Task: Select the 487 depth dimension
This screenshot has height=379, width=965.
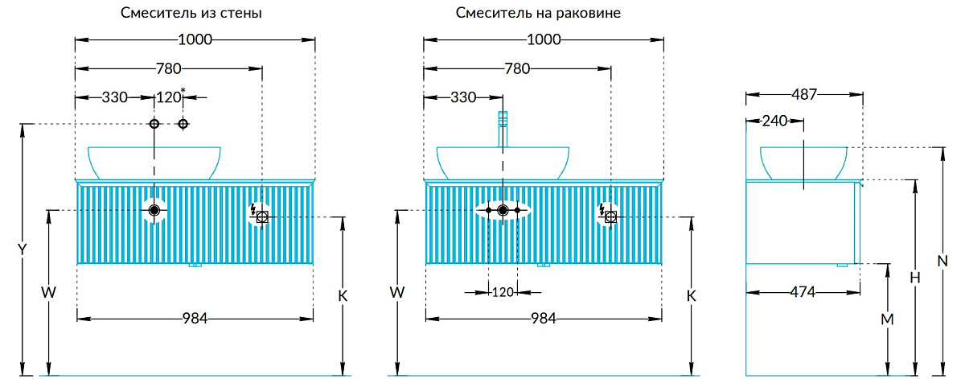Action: pos(804,95)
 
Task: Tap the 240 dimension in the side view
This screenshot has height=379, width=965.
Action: pos(774,122)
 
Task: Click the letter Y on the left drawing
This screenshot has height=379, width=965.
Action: pos(23,249)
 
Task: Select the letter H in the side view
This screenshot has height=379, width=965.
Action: pos(914,277)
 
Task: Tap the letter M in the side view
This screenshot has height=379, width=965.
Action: pos(887,319)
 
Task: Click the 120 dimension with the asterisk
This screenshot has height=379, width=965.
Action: pos(169,97)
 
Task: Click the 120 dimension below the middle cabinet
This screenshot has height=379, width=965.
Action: pos(502,292)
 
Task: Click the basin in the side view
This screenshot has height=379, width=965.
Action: pos(803,162)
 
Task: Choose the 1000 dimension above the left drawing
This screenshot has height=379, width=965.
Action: pos(195,40)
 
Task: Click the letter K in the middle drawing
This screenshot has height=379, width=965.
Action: pos(690,295)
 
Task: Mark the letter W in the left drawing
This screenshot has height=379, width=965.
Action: pos(49,293)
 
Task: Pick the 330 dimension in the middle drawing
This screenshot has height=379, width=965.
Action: pos(463,97)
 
